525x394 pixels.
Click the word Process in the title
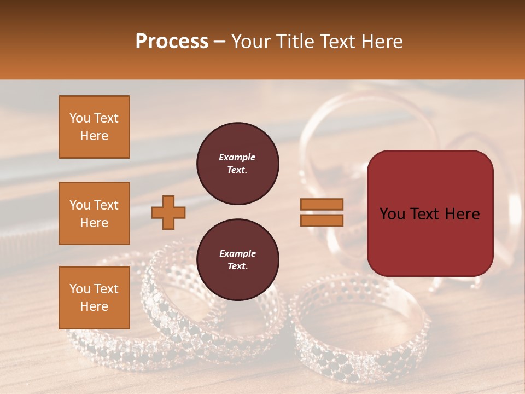(x=172, y=42)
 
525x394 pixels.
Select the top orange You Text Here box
(x=94, y=127)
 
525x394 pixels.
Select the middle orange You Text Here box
(x=94, y=213)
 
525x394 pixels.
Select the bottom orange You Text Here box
(x=94, y=298)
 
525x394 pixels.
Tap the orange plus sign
(x=168, y=213)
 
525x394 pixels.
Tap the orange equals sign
(x=322, y=212)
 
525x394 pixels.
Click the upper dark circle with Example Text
(x=237, y=164)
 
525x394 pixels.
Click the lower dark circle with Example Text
(x=237, y=260)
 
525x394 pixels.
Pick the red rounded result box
(x=430, y=213)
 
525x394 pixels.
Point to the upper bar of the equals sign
(x=322, y=205)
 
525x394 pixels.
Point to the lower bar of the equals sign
(x=322, y=220)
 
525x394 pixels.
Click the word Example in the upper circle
(x=237, y=157)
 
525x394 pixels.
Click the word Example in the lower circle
(x=237, y=253)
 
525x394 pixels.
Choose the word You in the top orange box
(x=80, y=118)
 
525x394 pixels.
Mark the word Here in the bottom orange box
(x=94, y=306)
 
